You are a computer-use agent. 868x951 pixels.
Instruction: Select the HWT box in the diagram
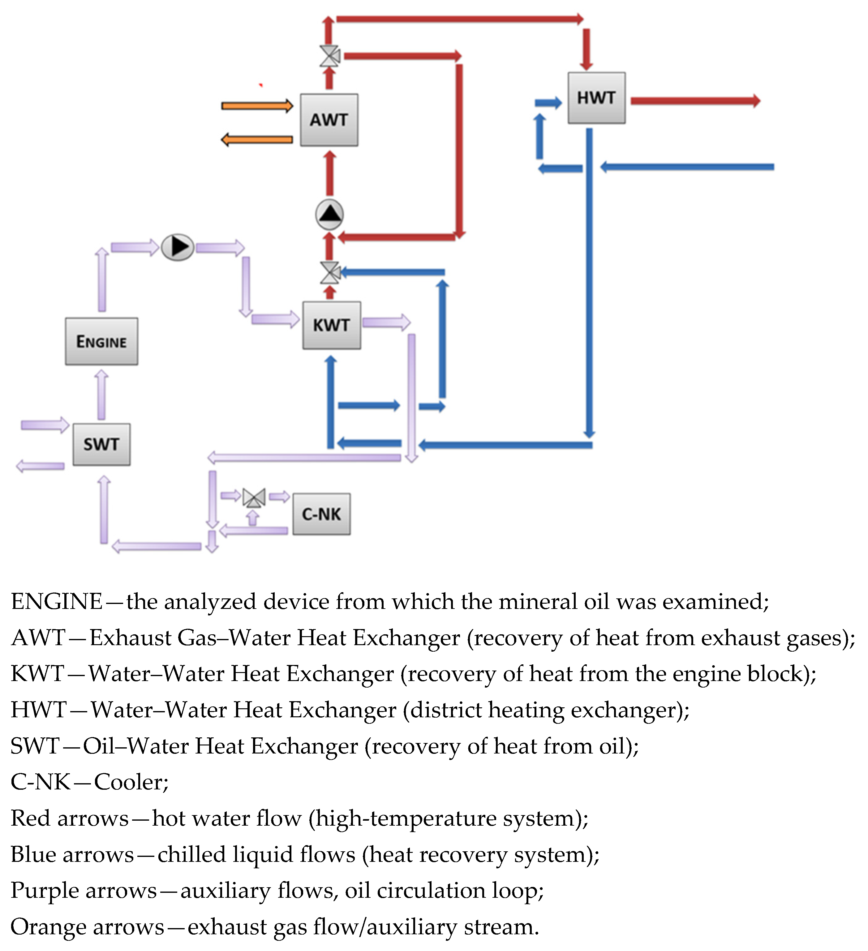596,98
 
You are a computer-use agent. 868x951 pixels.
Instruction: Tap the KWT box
331,325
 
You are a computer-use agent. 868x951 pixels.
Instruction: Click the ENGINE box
101,341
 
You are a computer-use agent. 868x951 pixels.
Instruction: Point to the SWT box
101,444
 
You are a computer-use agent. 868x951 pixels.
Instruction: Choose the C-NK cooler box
321,514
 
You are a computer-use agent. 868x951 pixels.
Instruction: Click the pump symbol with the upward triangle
329,215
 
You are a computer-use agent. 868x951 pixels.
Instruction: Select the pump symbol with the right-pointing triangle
178,247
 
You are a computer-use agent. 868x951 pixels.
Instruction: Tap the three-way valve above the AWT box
329,56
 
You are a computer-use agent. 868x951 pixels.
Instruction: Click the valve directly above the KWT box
330,273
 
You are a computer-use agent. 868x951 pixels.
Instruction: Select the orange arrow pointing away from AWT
257,140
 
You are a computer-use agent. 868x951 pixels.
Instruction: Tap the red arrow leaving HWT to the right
695,101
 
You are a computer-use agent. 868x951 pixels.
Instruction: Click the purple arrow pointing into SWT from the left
45,425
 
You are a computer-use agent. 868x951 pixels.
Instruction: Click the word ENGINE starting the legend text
57,602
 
